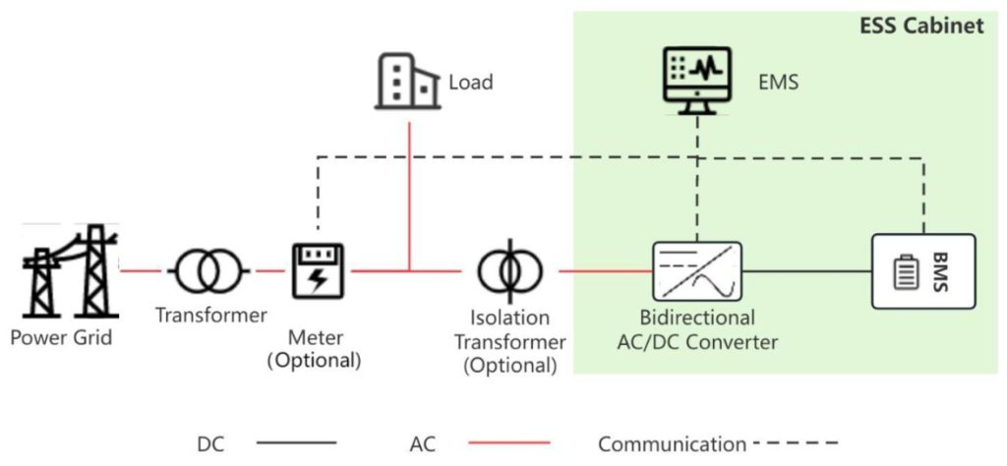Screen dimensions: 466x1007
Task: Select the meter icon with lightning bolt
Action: [x=316, y=269]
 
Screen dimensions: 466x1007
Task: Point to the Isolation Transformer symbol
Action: [x=508, y=269]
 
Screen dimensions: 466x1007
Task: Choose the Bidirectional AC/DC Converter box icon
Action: [x=695, y=269]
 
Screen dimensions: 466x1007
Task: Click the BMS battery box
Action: [x=923, y=270]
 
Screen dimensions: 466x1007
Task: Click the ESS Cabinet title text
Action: [x=921, y=27]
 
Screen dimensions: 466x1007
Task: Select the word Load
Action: [x=470, y=83]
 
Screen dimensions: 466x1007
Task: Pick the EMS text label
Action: [x=779, y=83]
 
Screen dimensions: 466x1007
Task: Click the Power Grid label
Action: [x=62, y=338]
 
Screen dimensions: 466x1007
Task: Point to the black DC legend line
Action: [x=296, y=444]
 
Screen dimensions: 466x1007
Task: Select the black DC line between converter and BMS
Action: [x=806, y=270]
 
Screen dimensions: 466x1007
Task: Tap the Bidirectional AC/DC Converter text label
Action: [x=695, y=330]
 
